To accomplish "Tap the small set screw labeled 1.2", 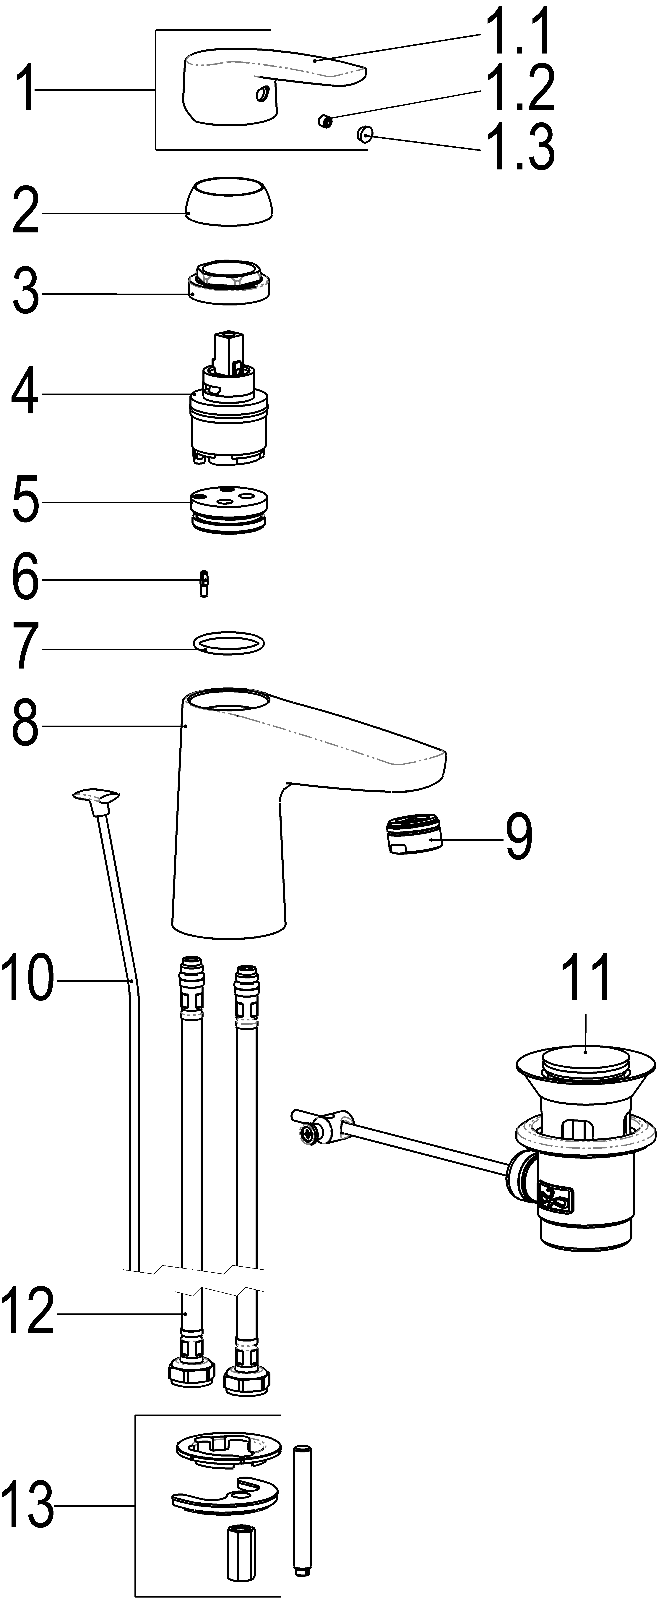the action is (323, 120).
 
